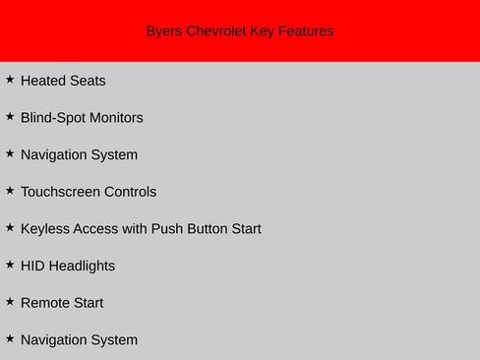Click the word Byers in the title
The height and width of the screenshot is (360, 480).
164,31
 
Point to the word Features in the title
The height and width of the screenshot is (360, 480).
306,31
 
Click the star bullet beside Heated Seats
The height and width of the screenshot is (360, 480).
10,79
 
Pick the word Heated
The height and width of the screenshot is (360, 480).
43,81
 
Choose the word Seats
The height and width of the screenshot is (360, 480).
88,81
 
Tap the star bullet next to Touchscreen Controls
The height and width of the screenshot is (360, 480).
10,190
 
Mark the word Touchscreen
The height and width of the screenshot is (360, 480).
61,192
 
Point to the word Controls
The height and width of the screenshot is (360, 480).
131,192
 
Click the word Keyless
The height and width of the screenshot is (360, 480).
45,229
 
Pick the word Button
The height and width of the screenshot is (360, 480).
209,229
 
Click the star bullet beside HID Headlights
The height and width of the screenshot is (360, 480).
10,264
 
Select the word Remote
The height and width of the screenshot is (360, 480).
44,303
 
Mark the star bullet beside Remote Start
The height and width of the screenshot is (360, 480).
10,301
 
